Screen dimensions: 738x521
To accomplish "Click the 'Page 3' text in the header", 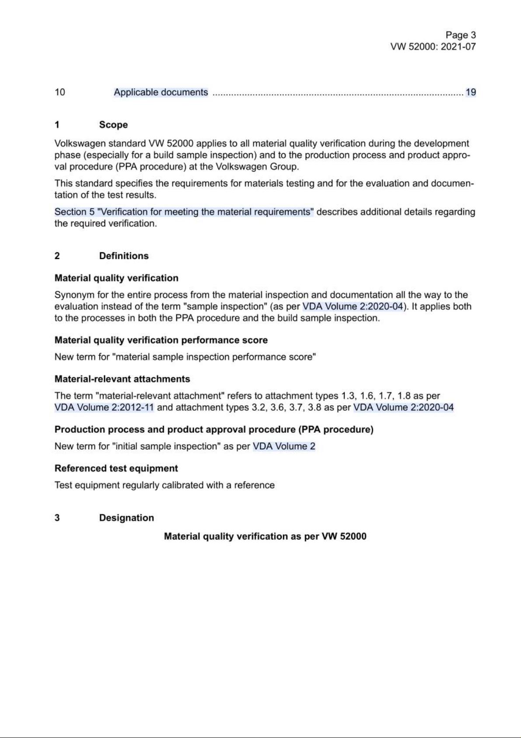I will [460, 35].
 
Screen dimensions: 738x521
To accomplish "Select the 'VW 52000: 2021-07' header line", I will [433, 47].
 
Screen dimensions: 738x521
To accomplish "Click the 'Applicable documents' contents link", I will [161, 92].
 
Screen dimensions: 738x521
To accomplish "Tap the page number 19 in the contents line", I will [470, 92].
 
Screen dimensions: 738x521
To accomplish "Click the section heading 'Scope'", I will [113, 125].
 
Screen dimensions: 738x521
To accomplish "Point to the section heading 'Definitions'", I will [124, 256].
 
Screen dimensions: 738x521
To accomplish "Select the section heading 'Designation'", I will [126, 518].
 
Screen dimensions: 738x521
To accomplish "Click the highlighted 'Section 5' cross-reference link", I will [184, 212].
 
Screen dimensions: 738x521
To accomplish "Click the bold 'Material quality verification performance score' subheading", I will [161, 340].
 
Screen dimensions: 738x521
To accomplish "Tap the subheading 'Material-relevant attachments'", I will [122, 379].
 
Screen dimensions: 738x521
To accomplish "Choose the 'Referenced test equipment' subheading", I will [116, 468].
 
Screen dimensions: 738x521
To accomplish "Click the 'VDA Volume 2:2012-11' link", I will [104, 407].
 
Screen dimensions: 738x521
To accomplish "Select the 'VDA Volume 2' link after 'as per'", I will [284, 446].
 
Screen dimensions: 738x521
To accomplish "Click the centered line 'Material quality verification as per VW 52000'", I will [265, 537].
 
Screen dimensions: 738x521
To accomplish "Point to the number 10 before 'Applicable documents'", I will [60, 92].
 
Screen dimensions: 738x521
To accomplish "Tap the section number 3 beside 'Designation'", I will [57, 518].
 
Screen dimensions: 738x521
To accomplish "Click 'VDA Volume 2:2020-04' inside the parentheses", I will [352, 307].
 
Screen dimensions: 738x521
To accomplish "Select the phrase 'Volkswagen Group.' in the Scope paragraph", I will [257, 167].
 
